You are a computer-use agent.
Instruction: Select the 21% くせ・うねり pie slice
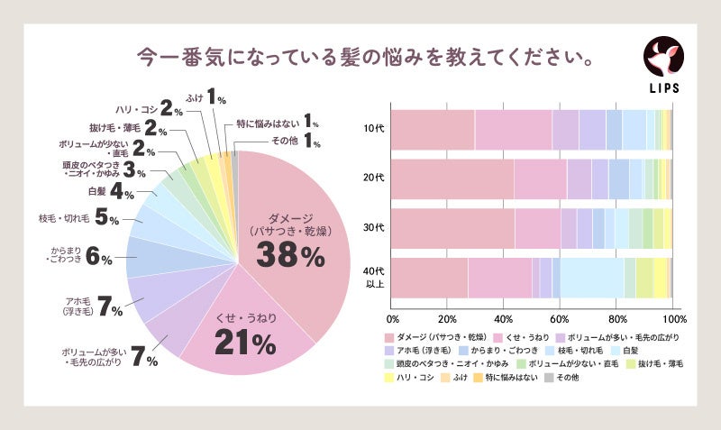click(x=245, y=329)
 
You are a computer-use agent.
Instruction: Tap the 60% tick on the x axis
click(x=561, y=319)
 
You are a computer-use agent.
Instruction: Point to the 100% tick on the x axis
click(x=672, y=319)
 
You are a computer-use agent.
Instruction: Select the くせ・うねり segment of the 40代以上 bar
click(x=500, y=278)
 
